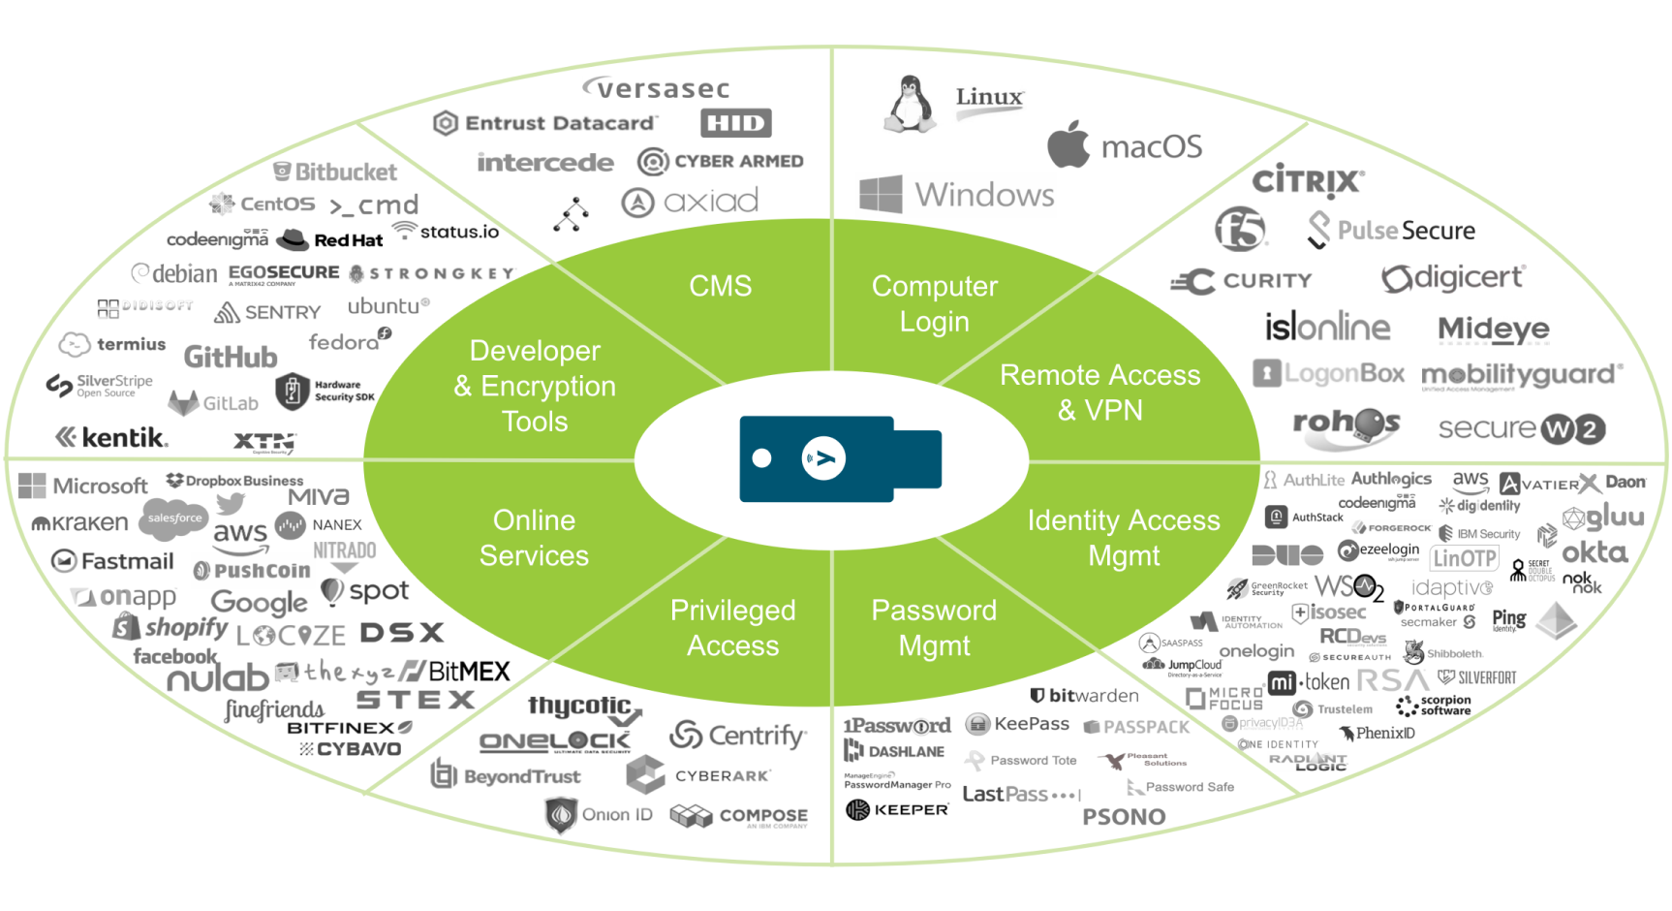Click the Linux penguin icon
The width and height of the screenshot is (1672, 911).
click(x=910, y=104)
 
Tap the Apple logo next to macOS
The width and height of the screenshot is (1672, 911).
click(x=1068, y=144)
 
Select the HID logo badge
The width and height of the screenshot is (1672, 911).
click(x=736, y=123)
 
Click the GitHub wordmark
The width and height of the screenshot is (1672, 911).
click(x=231, y=357)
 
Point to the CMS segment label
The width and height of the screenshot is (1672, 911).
click(x=720, y=286)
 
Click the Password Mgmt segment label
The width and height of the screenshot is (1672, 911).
click(x=934, y=627)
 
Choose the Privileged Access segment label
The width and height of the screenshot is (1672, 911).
click(x=732, y=627)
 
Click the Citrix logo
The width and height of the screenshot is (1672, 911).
click(x=1308, y=181)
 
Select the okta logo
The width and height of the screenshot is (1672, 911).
click(x=1595, y=552)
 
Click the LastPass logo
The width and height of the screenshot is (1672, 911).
click(x=1019, y=795)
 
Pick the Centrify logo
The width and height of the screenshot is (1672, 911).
click(x=738, y=736)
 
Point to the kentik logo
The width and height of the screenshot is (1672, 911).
click(x=112, y=437)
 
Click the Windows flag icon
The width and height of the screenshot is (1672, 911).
click(x=881, y=194)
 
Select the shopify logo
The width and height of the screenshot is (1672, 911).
click(x=171, y=627)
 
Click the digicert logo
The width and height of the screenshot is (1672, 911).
click(x=1453, y=278)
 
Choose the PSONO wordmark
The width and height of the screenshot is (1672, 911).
click(x=1124, y=817)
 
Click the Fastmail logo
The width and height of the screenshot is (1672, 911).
click(x=112, y=561)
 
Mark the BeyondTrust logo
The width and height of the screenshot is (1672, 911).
click(x=506, y=775)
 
